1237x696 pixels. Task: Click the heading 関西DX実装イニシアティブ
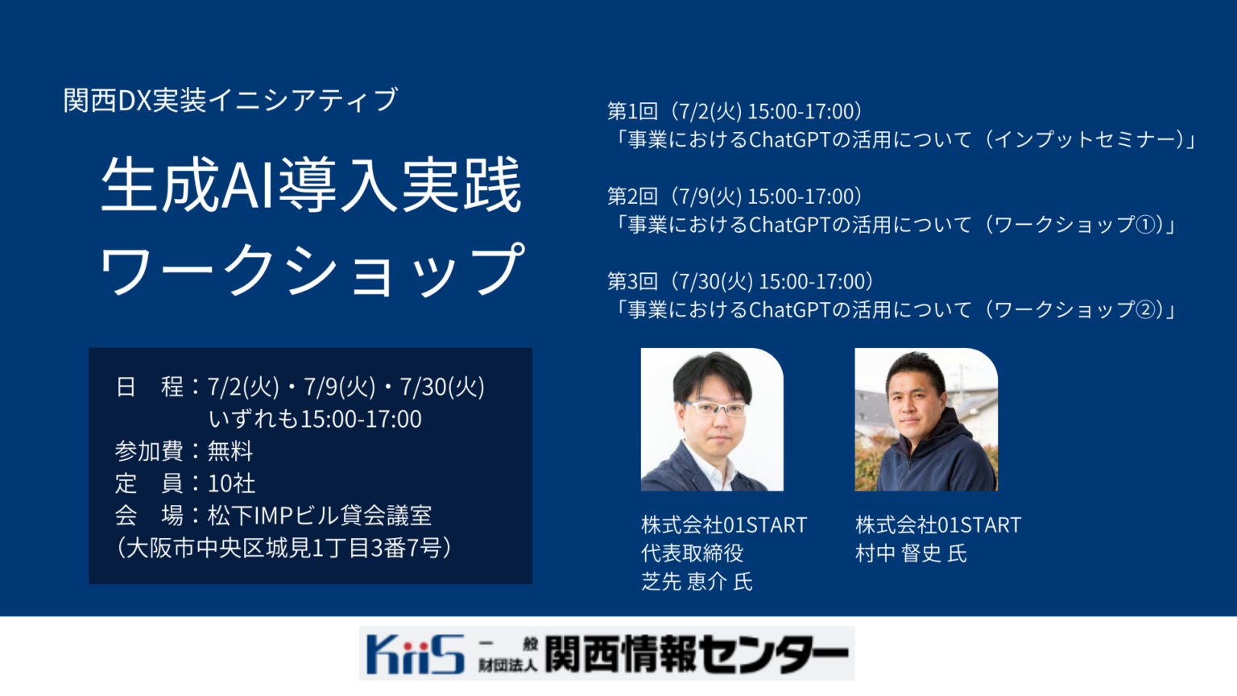[x=230, y=100]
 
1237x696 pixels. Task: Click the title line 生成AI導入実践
[x=311, y=185]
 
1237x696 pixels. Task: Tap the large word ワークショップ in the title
[x=311, y=270]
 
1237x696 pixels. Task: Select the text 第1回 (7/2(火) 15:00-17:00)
[x=734, y=111]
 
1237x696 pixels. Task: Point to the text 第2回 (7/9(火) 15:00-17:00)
[x=734, y=197]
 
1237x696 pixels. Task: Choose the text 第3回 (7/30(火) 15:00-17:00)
[x=740, y=281]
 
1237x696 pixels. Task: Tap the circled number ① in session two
[x=1144, y=225]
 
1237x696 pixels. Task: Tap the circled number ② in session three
[x=1144, y=310]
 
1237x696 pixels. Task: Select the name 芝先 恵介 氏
[x=697, y=582]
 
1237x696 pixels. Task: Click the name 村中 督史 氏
[x=911, y=553]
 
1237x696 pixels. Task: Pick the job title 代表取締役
[x=692, y=553]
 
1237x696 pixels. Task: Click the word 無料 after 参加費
[x=230, y=451]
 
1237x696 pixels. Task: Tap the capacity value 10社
[x=231, y=483]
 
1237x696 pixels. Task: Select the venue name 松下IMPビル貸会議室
[x=320, y=516]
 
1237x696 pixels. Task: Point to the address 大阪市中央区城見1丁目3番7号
[x=283, y=548]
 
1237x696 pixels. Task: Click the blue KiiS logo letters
[x=415, y=653]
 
